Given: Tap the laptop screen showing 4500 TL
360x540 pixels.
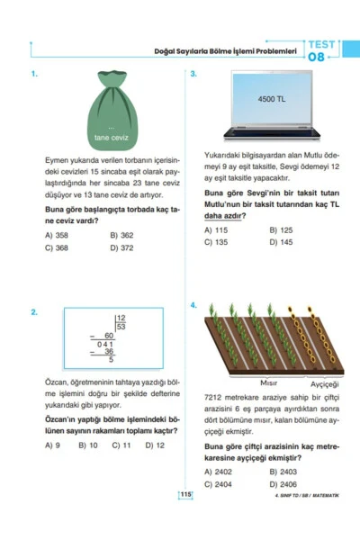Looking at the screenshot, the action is click(271, 99).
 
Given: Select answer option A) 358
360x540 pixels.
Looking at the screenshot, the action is click(56, 236).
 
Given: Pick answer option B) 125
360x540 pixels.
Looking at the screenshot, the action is click(280, 229).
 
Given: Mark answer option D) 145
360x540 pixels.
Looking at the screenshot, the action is click(280, 242).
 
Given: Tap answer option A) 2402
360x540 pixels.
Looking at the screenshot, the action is click(218, 472).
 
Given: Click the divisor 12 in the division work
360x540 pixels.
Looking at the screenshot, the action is click(121, 319).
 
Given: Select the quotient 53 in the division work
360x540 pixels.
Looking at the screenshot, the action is click(121, 328).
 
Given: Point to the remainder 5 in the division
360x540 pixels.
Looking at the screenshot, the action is click(111, 360).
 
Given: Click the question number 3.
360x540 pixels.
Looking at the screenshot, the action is click(194, 75).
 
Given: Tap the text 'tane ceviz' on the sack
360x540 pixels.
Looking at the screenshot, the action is click(112, 138).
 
